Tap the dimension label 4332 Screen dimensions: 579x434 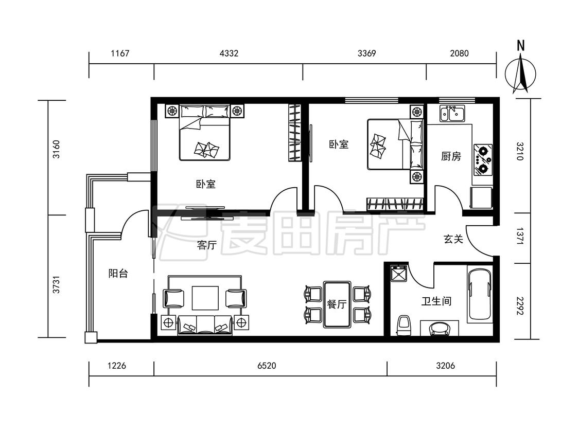click(229, 53)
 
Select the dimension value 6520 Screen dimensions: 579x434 click(267, 366)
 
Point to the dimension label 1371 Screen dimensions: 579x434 click(520, 238)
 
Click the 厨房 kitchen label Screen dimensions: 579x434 click(451, 156)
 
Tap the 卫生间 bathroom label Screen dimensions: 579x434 click(436, 301)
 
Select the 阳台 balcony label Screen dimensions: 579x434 click(118, 274)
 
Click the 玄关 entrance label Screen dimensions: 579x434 click(453, 239)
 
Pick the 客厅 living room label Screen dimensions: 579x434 click(207, 245)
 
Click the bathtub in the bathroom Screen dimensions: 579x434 click(480, 294)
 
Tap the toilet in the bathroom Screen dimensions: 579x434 click(405, 325)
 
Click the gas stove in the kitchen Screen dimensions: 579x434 click(483, 159)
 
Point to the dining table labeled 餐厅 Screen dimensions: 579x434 click(337, 304)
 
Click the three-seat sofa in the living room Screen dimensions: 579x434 click(205, 325)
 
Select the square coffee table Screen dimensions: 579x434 click(205, 298)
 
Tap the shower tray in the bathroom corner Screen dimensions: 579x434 click(399, 274)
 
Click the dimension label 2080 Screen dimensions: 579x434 click(460, 53)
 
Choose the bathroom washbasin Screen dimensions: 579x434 click(440, 329)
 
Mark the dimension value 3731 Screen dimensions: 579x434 click(56, 285)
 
